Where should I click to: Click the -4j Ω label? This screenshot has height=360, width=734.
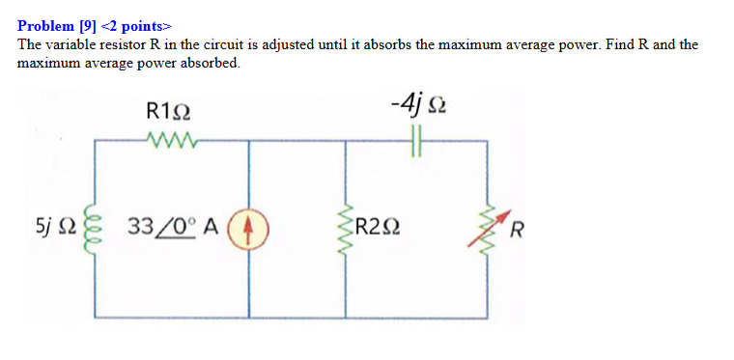[416, 102]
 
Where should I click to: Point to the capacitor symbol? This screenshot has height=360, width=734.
[417, 142]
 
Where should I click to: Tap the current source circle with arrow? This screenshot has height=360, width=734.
[250, 229]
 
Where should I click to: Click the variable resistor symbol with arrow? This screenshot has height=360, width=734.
[489, 228]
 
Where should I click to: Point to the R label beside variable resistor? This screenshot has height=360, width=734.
[519, 230]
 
